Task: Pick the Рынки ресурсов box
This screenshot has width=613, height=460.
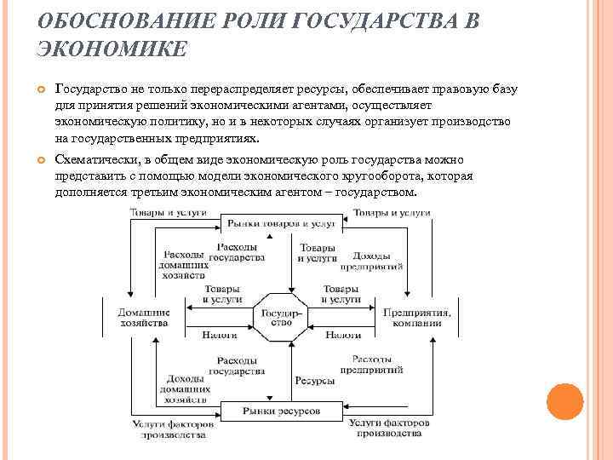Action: (280, 411)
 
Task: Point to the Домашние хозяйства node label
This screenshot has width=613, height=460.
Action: (142, 318)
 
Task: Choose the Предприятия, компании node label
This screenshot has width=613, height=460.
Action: (417, 318)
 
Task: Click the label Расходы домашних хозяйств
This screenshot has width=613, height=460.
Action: (183, 264)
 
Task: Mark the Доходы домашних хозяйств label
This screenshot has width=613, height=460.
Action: (183, 388)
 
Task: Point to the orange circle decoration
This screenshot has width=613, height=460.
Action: (564, 400)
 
